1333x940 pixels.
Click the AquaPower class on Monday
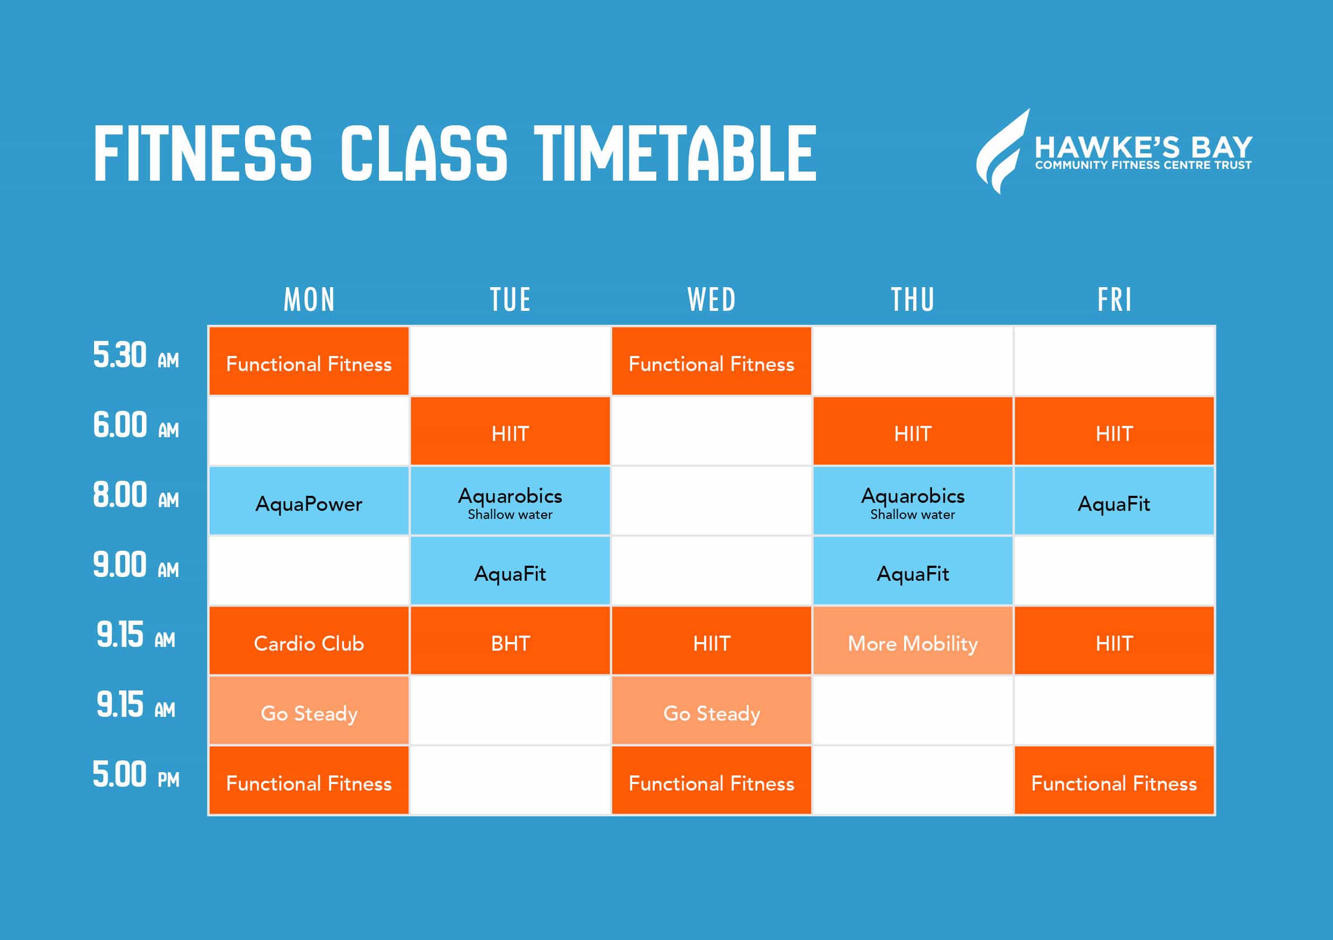tap(309, 501)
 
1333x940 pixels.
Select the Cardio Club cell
tap(309, 641)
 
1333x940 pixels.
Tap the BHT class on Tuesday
tap(510, 641)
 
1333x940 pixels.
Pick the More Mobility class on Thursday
tap(913, 641)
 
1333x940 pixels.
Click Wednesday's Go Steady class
tap(711, 710)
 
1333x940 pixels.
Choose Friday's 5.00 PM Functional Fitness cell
tap(1114, 780)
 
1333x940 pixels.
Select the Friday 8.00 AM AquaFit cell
tap(1114, 501)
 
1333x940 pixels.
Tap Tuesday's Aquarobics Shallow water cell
tap(510, 501)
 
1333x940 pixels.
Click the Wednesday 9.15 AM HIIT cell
tap(711, 641)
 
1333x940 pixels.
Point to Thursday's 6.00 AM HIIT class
tap(913, 431)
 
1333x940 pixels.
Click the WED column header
tap(711, 300)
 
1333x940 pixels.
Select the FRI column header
tap(1114, 300)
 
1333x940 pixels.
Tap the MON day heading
tap(309, 300)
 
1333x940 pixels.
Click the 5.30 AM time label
tap(136, 355)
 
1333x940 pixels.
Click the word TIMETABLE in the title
tap(675, 153)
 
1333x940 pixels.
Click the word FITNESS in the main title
tap(203, 153)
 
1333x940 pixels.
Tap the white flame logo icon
tap(1001, 151)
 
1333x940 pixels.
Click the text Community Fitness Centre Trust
tap(1143, 166)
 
